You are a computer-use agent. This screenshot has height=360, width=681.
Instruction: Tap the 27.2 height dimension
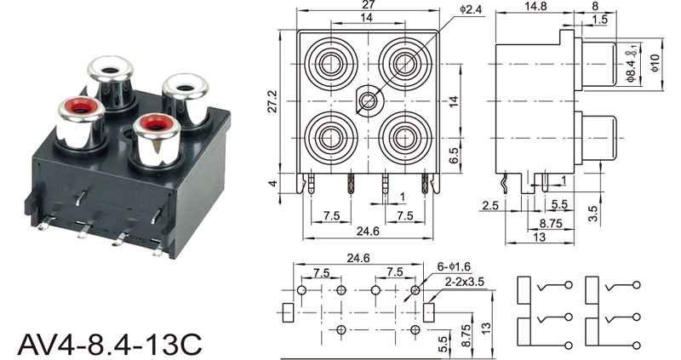click(x=272, y=100)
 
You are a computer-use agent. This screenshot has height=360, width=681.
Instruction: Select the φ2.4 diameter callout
click(x=471, y=9)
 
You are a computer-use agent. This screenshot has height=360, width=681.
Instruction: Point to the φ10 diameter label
click(x=655, y=63)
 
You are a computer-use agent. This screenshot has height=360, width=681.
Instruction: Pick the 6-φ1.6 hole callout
click(x=454, y=266)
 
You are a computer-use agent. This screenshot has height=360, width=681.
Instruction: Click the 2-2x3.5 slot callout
click(x=464, y=282)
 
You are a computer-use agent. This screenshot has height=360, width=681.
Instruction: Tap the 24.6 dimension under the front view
click(x=368, y=231)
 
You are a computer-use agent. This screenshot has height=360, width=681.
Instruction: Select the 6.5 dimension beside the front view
click(x=454, y=156)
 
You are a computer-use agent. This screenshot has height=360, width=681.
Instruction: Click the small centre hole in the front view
click(x=369, y=101)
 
